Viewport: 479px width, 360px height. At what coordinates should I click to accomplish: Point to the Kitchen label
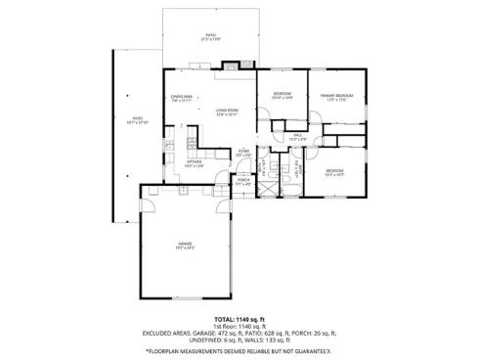(x=183, y=163)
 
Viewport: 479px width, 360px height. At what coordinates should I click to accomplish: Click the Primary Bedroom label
(x=337, y=97)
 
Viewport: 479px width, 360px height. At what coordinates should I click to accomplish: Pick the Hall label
(x=297, y=138)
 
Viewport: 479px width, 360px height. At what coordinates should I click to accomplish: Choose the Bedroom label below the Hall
(x=334, y=173)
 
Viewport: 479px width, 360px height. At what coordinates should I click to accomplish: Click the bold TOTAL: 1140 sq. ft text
(x=239, y=319)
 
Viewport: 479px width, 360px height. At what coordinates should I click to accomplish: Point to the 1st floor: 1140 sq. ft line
(x=239, y=327)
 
